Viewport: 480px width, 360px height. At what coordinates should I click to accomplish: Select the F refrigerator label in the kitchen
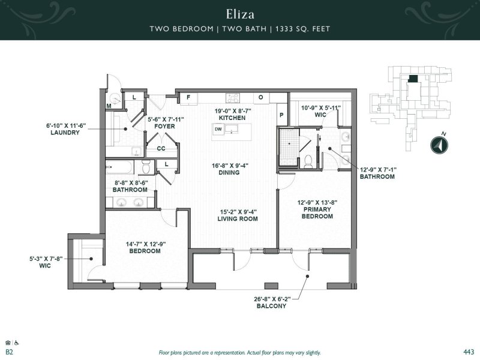tap(188, 97)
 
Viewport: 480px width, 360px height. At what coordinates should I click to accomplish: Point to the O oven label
tap(261, 97)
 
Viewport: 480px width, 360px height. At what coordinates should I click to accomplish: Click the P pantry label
tap(280, 115)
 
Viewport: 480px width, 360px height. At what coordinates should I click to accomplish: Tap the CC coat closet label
tap(161, 148)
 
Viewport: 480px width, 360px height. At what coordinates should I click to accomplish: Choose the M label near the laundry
tap(109, 106)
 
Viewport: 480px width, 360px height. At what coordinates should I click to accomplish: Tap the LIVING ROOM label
tap(238, 219)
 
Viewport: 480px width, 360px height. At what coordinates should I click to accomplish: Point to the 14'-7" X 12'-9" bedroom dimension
tap(145, 244)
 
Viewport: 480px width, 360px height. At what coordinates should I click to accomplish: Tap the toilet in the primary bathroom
tap(307, 160)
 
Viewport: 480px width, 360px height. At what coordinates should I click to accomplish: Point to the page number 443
tap(469, 352)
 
